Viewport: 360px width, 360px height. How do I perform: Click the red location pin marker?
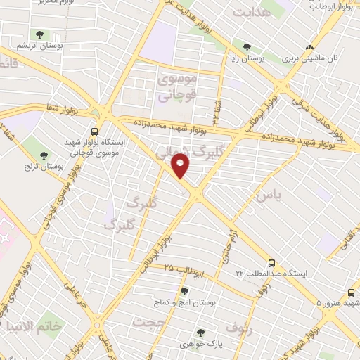(x=181, y=166)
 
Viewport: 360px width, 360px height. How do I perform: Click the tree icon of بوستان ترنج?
(x=44, y=155)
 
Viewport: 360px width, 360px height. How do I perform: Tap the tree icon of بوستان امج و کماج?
(x=185, y=291)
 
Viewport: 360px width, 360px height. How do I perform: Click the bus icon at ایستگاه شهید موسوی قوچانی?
(x=94, y=131)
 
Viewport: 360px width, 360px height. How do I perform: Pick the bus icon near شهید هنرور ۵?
(x=350, y=292)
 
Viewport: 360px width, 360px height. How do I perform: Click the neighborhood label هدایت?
(x=251, y=13)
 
